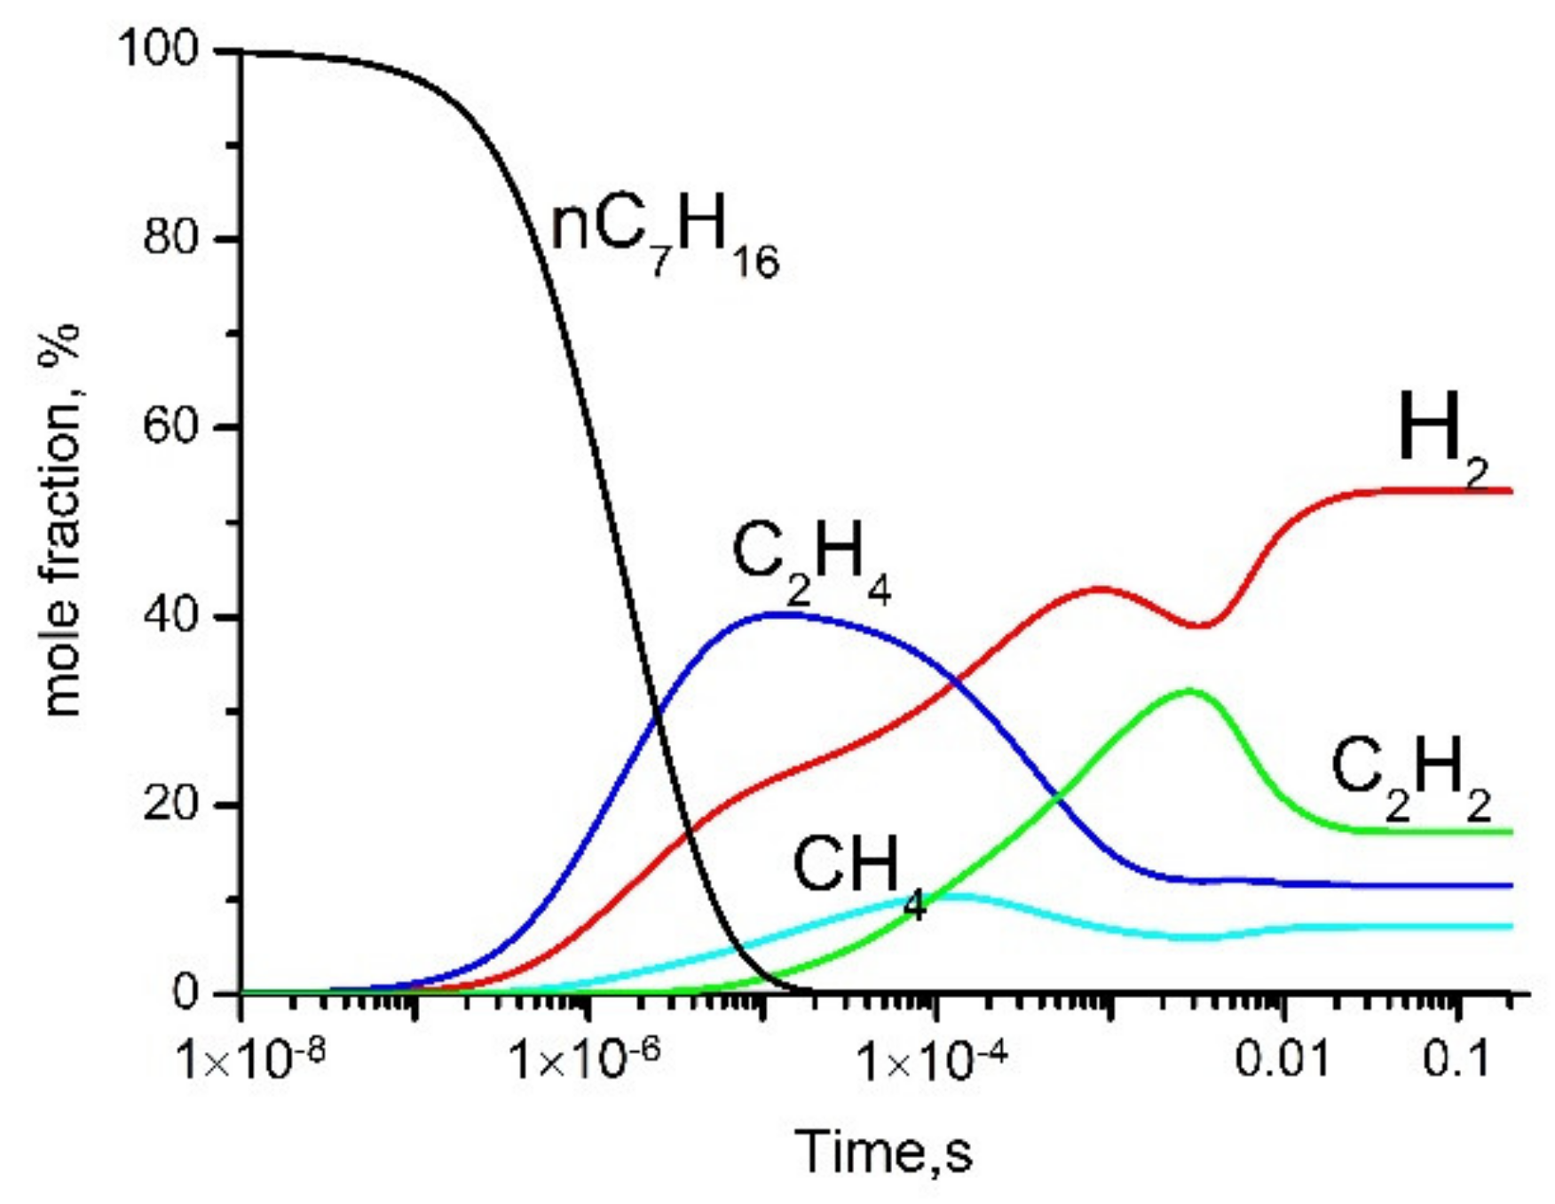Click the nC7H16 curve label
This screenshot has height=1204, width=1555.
tap(664, 240)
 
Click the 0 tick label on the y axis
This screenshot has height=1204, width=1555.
tap(185, 993)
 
